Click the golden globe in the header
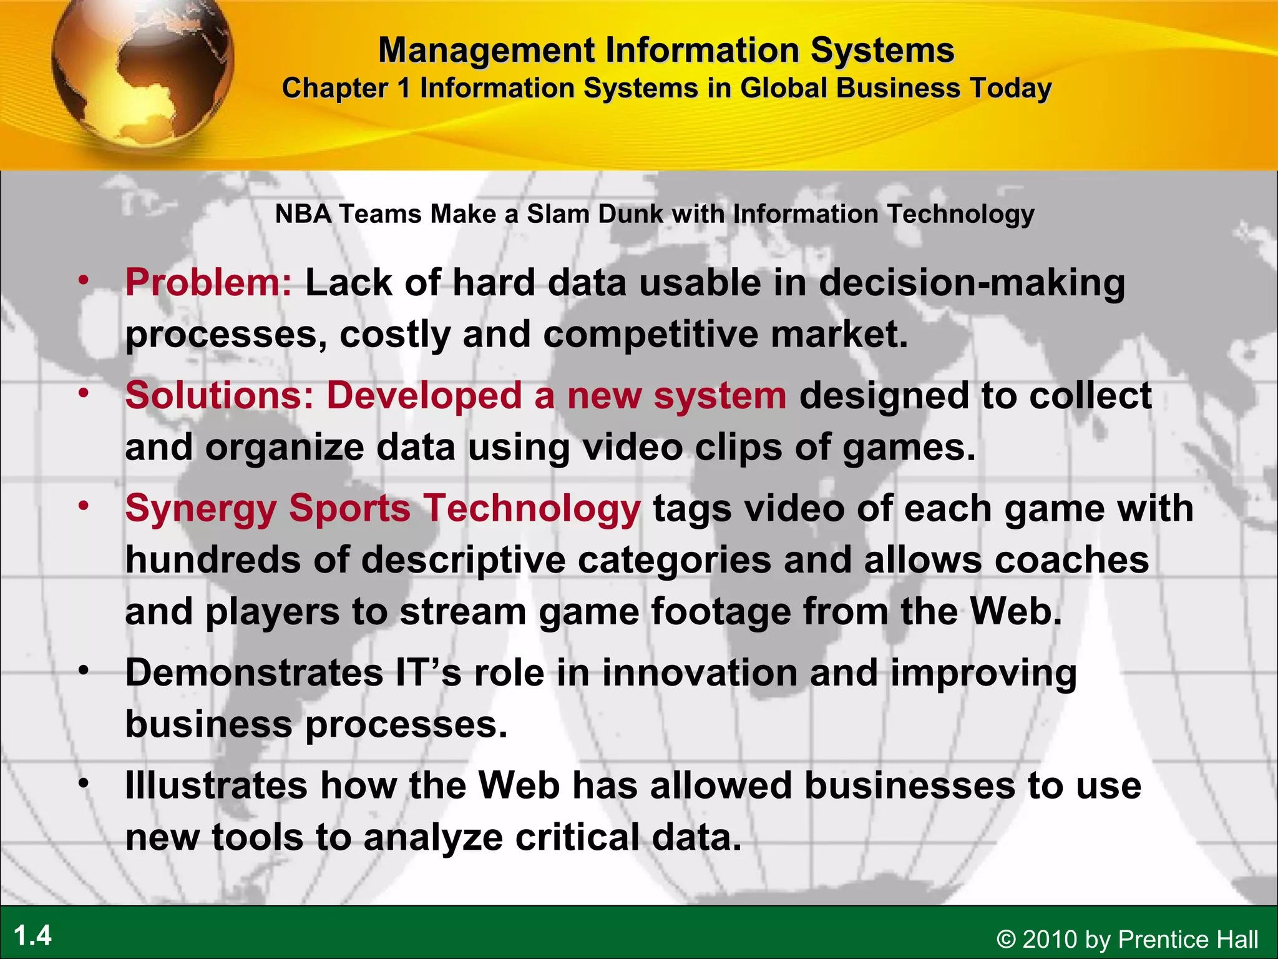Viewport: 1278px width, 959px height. [142, 69]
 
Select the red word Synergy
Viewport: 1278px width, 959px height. [200, 509]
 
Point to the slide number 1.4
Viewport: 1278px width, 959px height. [32, 936]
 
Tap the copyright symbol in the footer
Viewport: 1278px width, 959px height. [1006, 940]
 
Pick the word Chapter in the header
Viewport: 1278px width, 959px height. [334, 88]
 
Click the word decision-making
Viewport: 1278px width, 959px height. [972, 283]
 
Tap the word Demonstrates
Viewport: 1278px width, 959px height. [254, 673]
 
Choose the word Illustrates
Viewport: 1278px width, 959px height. [216, 785]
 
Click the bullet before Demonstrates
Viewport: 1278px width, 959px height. [84, 671]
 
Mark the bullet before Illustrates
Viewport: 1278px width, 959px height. [84, 783]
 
